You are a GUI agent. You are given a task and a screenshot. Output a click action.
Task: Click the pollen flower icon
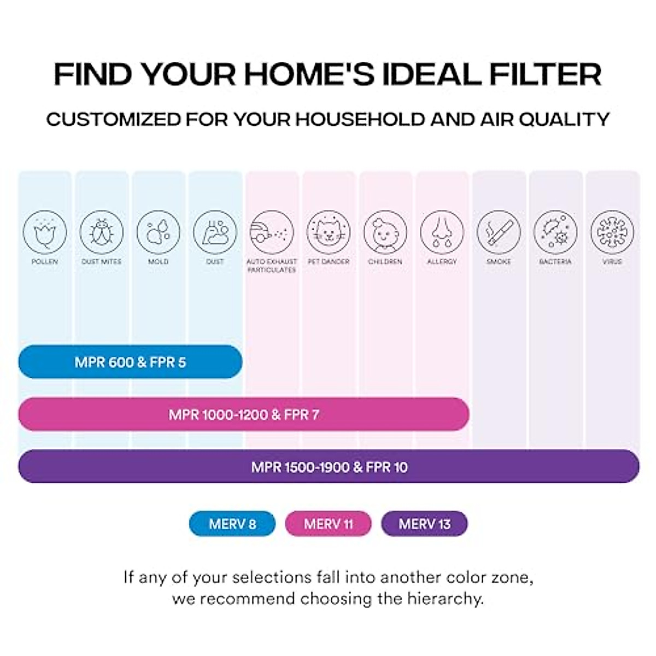45,232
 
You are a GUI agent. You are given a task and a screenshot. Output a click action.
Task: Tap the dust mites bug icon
101,232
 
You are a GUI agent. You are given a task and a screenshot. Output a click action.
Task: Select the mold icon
159,232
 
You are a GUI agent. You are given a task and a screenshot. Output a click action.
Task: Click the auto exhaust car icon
272,232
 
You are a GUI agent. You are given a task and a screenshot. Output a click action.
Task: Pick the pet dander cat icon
329,232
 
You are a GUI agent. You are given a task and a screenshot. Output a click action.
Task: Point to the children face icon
385,232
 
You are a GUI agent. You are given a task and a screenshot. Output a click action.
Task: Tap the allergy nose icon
442,232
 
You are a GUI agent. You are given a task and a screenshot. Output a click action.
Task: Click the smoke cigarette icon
499,232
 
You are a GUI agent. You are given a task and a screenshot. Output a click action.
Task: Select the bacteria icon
555,232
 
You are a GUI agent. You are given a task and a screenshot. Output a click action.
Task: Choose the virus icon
612,232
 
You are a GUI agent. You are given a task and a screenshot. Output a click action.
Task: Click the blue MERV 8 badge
232,524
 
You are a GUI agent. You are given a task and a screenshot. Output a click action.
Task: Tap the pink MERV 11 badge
328,524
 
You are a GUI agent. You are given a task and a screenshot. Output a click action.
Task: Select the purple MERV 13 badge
424,524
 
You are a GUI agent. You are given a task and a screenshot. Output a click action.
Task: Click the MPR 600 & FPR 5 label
130,362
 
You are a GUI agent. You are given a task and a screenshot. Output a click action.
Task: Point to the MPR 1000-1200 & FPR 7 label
244,414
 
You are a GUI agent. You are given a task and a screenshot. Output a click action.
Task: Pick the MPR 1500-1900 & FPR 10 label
329,467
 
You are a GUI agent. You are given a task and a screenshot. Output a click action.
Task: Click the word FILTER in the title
545,74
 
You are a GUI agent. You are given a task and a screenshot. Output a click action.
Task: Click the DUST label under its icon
215,262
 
